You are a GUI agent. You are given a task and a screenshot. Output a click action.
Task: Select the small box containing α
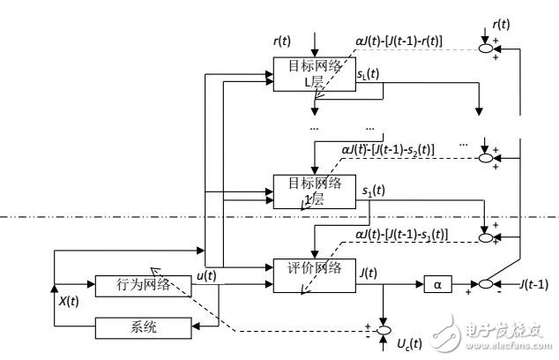coord(436,284)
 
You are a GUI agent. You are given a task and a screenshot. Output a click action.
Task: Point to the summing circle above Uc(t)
coord(383,330)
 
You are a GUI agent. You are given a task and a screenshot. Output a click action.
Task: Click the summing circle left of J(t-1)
coord(484,284)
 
